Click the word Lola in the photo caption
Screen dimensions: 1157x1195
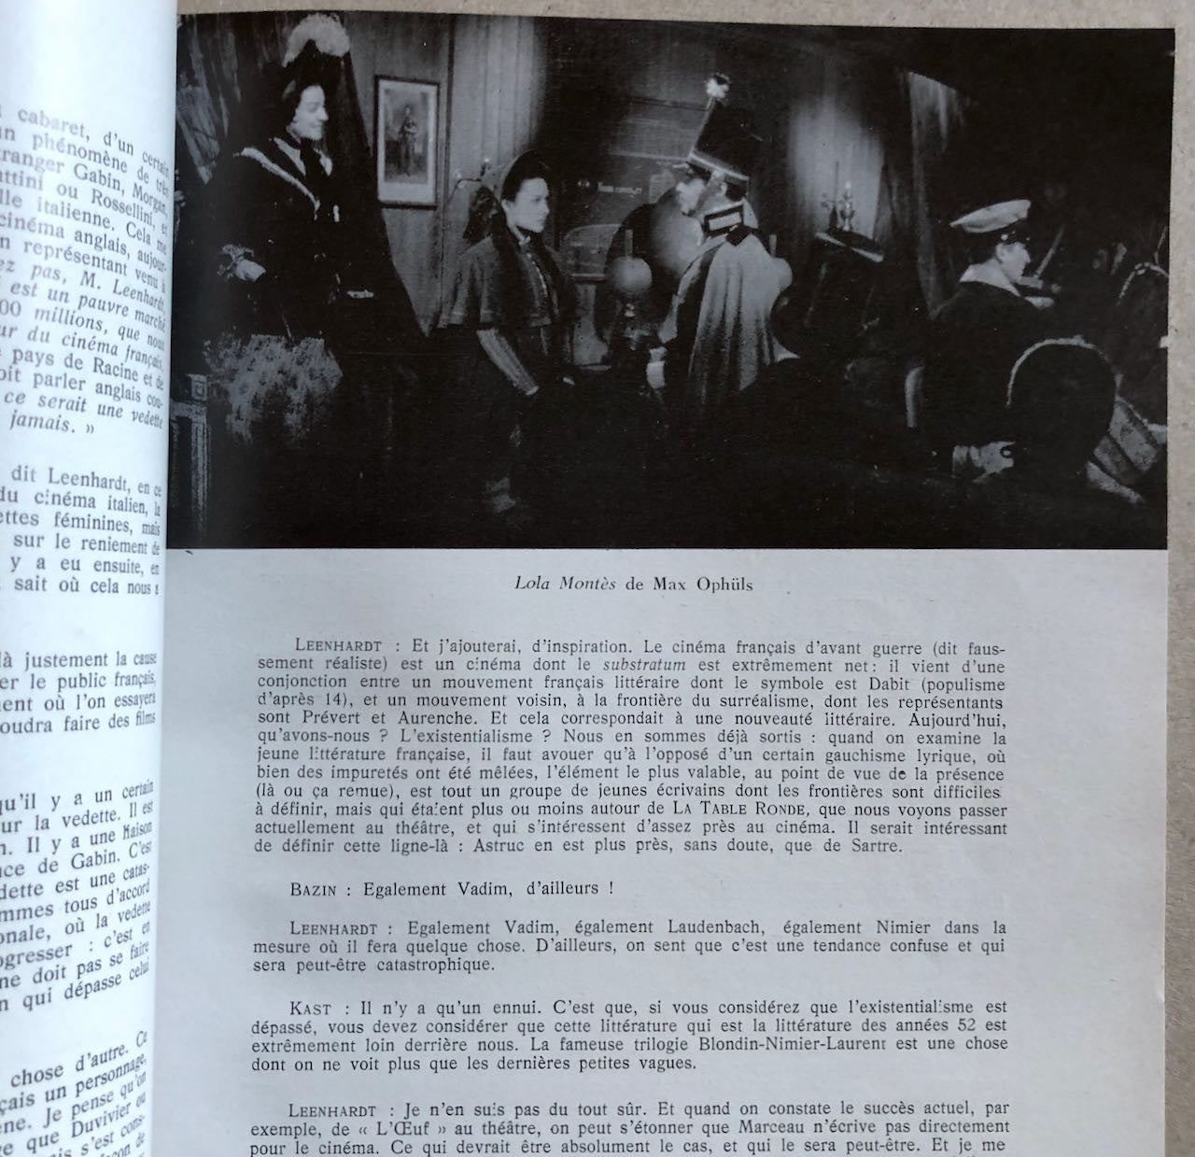click(x=532, y=584)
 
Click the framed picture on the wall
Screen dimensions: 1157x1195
click(x=406, y=140)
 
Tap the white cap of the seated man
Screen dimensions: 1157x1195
click(x=991, y=218)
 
